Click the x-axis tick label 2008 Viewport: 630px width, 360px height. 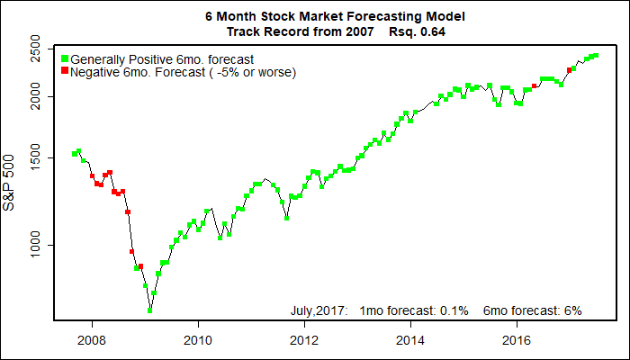[x=90, y=340]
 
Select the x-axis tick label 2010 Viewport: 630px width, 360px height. [x=197, y=340]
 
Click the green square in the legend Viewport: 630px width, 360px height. [x=64, y=59]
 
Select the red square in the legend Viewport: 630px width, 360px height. [x=64, y=71]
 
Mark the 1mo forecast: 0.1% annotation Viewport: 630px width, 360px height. [x=414, y=310]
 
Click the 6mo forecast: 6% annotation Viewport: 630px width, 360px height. [x=533, y=310]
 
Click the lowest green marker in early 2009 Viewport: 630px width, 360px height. [x=150, y=310]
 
